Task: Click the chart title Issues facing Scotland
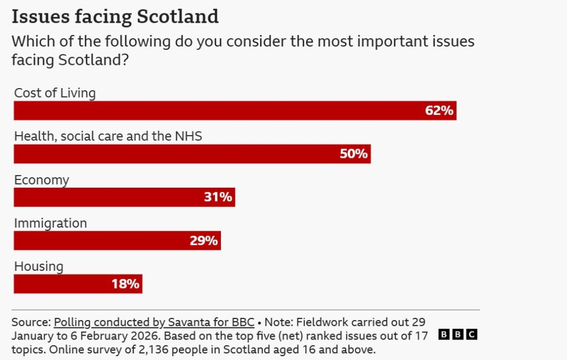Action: click(115, 17)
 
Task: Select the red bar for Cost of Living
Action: click(235, 111)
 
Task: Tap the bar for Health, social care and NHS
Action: click(192, 154)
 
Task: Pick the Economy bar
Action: click(124, 197)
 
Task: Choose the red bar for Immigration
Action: click(117, 240)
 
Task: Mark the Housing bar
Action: click(78, 284)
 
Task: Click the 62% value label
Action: click(439, 111)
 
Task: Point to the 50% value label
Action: click(353, 154)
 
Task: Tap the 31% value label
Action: click(218, 197)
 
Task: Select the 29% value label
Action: click(203, 240)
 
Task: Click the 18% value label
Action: click(125, 284)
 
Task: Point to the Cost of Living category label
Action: click(55, 93)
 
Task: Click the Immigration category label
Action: click(50, 223)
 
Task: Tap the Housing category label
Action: click(39, 266)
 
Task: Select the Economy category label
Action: click(42, 180)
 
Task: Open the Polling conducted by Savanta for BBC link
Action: click(154, 322)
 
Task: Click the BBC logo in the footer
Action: click(457, 335)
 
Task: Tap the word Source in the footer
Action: click(30, 322)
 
